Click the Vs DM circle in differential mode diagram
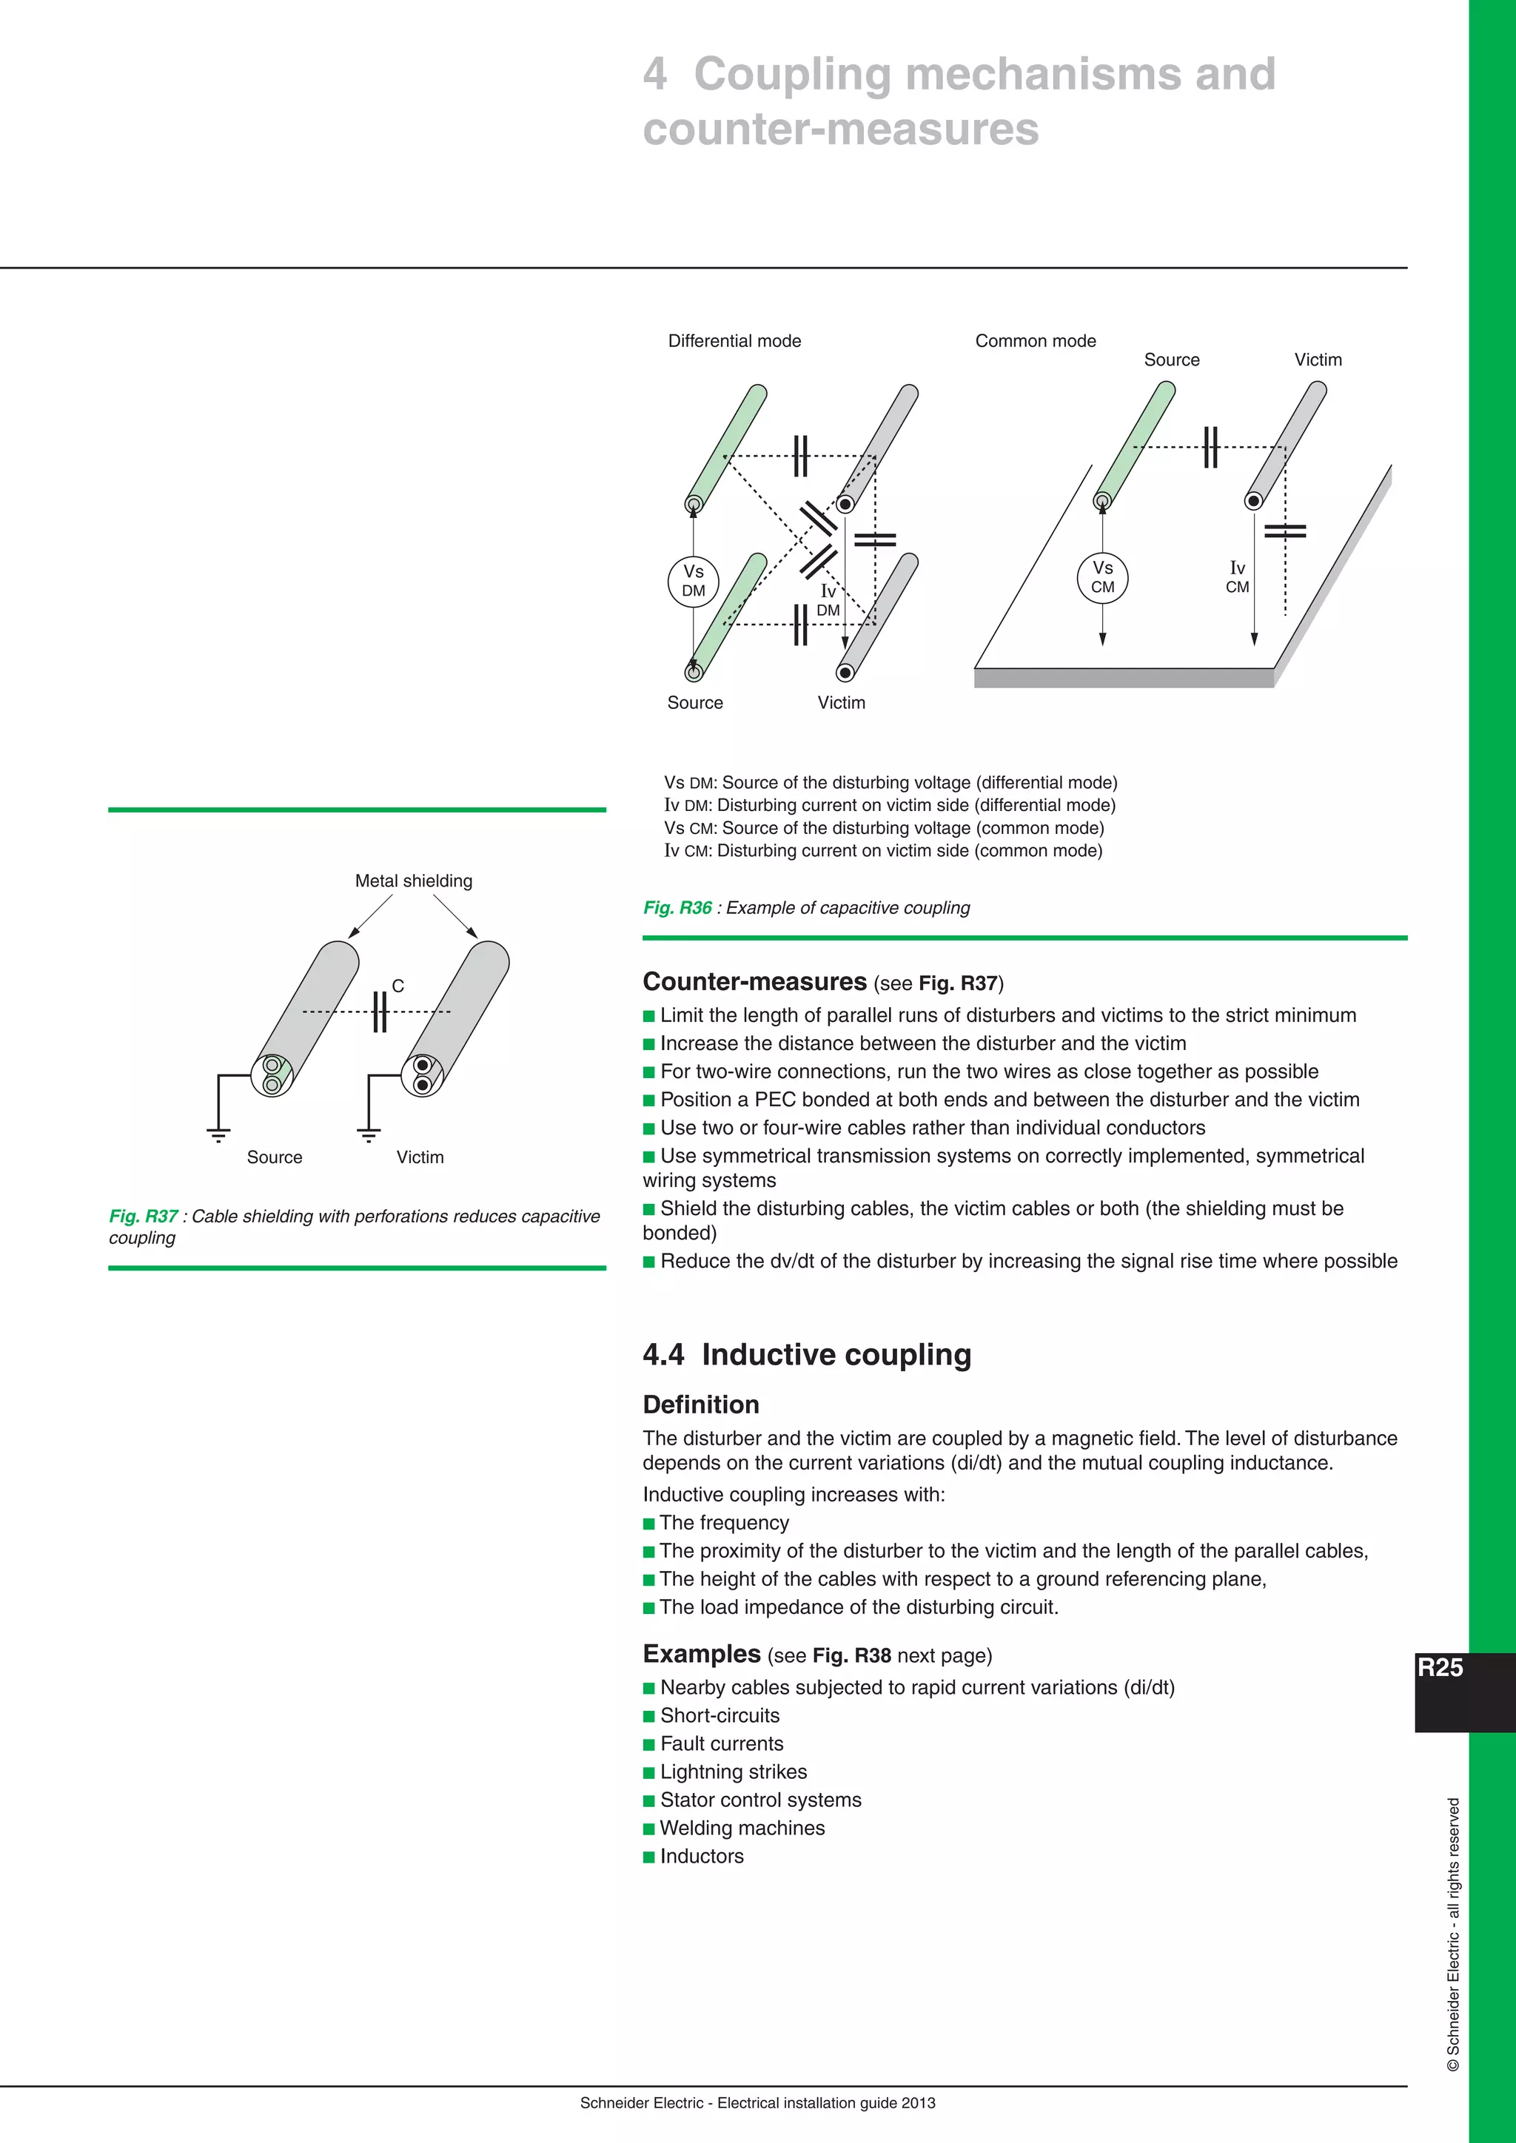click(694, 581)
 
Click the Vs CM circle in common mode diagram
click(1102, 576)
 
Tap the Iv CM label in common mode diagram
click(1237, 576)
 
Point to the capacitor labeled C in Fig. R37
click(379, 1011)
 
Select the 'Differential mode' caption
click(734, 340)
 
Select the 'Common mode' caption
click(1036, 340)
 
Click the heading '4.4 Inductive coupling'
click(807, 1353)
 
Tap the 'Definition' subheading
click(701, 1404)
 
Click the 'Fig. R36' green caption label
click(678, 907)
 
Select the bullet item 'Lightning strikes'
click(733, 1771)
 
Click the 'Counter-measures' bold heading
click(755, 981)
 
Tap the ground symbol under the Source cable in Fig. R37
click(218, 1135)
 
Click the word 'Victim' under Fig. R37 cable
click(420, 1157)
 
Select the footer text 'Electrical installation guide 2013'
click(826, 2102)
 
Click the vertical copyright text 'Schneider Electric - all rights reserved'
click(1454, 1932)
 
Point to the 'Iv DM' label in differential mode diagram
click(828, 600)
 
